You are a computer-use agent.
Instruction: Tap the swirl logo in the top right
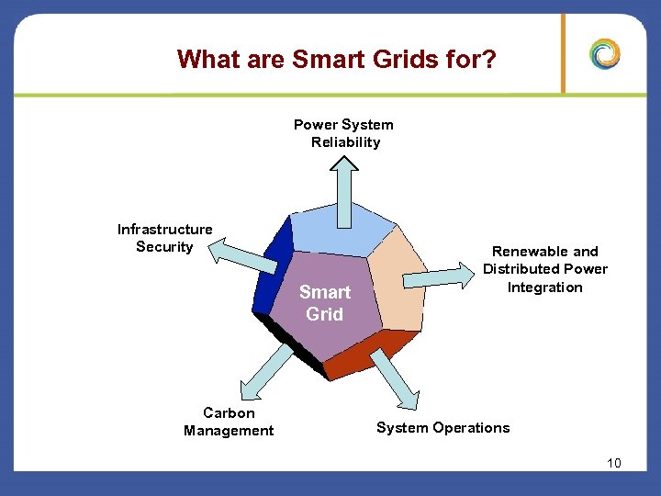[x=605, y=54]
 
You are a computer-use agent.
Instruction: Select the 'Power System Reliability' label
[x=343, y=133]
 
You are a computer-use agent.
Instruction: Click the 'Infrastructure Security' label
[x=164, y=238]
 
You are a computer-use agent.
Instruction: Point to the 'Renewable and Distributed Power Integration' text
[x=545, y=269]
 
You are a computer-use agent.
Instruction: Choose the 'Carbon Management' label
[x=229, y=422]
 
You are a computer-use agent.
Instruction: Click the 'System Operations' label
[x=443, y=427]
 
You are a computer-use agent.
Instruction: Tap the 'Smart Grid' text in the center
[x=324, y=303]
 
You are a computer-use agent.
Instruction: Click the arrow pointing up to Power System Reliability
[x=346, y=188]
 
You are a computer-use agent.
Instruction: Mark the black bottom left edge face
[x=294, y=344]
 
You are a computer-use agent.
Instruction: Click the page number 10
[x=613, y=463]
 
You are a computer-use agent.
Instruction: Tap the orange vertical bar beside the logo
[x=564, y=53]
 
